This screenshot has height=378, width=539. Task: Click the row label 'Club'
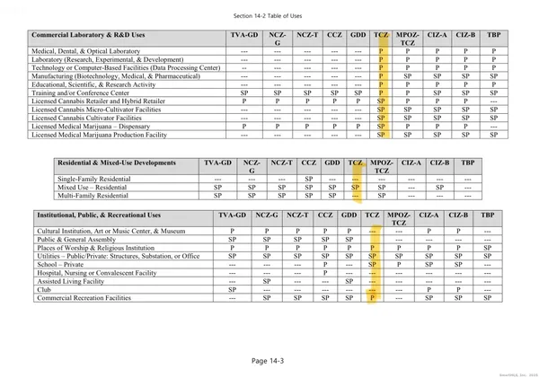click(44, 289)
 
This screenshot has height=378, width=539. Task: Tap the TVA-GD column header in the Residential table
click(218, 163)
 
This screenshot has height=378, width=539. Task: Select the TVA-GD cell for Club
click(232, 289)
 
